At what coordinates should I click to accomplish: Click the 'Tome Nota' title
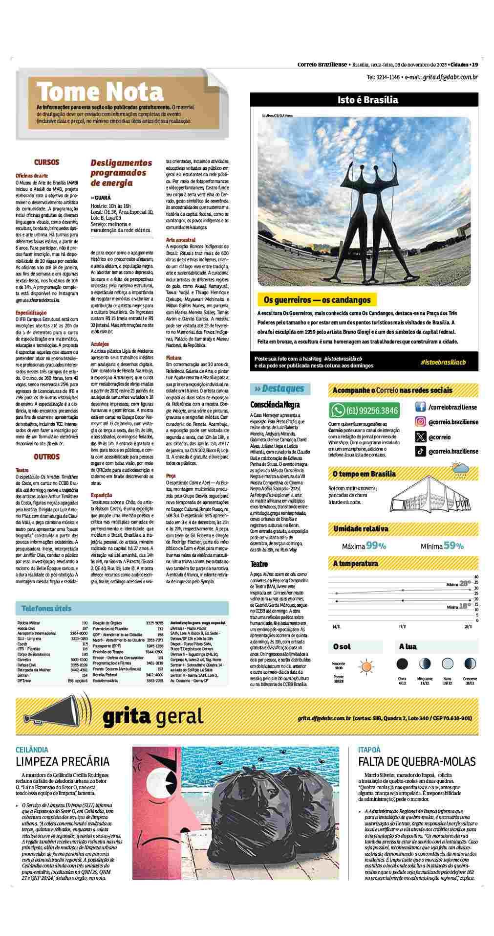coord(100,91)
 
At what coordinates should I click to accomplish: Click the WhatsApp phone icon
coord(338,410)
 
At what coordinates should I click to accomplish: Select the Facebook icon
coord(420,407)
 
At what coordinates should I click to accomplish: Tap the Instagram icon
coord(420,422)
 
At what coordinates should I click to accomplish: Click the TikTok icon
coord(420,452)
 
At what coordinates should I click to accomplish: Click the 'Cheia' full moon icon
coord(402,664)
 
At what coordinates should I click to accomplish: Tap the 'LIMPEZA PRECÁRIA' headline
coord(63,761)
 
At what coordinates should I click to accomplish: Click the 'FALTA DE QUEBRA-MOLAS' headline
coord(417,761)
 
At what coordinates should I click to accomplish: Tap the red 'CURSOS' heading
coord(46,162)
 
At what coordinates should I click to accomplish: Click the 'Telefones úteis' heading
coord(46,608)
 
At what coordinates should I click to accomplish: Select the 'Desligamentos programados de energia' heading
coord(122,173)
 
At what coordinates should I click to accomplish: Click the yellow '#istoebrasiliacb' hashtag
coord(443,362)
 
